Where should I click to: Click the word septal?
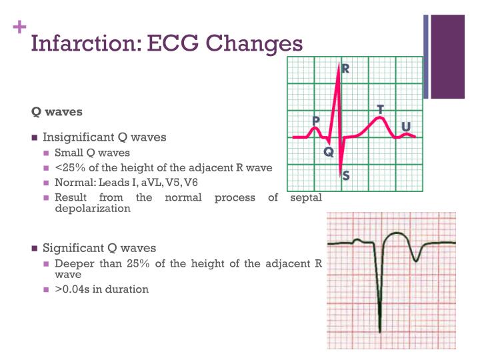(x=307, y=197)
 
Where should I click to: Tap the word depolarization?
(x=92, y=208)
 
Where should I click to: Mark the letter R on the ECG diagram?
(x=346, y=69)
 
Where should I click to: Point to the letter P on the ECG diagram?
(x=316, y=121)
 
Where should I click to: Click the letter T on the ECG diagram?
(x=380, y=108)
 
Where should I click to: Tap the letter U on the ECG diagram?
(x=405, y=127)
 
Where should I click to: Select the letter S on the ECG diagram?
(x=346, y=177)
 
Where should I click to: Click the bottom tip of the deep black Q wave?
(x=379, y=331)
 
